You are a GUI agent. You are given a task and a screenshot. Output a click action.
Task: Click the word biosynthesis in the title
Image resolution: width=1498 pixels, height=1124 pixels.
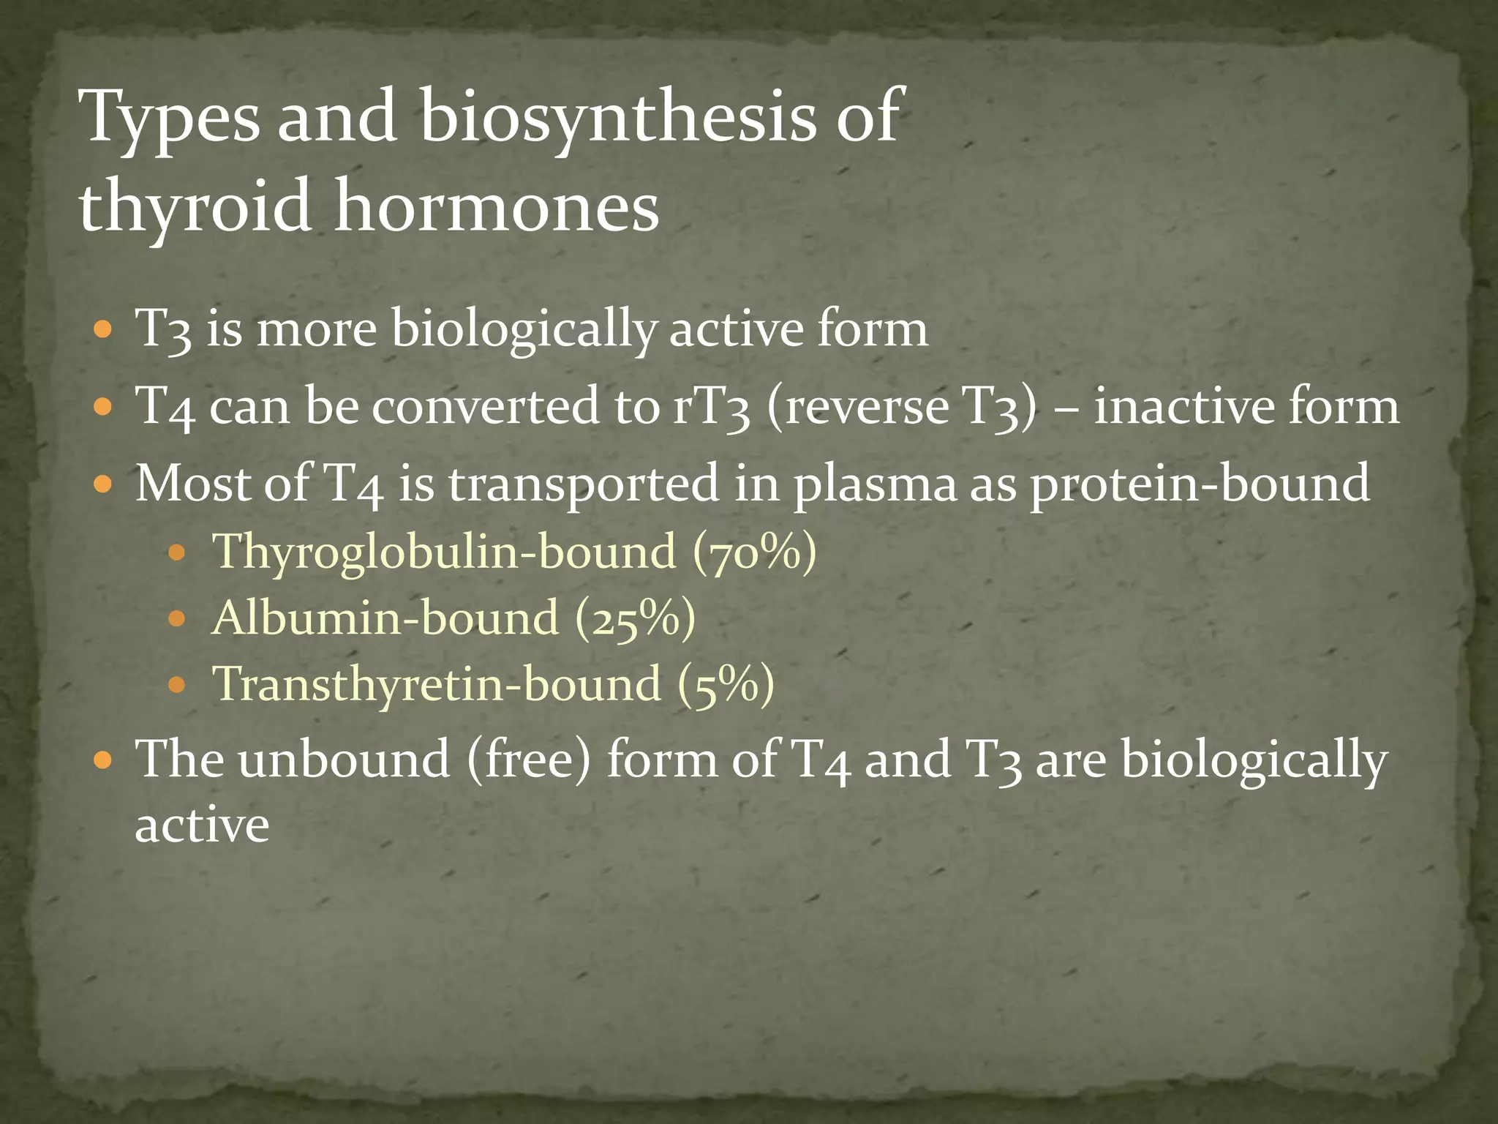click(617, 117)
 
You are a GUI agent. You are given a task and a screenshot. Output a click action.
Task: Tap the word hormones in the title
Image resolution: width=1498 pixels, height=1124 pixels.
click(497, 206)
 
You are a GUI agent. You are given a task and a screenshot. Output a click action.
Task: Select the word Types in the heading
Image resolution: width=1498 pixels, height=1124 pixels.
click(172, 117)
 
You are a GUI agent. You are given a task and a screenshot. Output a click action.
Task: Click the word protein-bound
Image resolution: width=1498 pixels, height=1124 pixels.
click(1200, 484)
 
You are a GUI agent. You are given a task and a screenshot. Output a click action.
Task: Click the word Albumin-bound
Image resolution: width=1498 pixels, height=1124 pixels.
click(385, 618)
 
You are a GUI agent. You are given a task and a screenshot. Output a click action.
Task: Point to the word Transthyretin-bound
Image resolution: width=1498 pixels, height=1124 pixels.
click(436, 684)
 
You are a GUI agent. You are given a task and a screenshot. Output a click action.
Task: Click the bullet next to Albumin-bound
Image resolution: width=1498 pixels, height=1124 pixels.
click(176, 618)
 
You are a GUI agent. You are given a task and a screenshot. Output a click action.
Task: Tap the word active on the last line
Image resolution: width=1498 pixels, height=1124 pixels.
click(202, 825)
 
